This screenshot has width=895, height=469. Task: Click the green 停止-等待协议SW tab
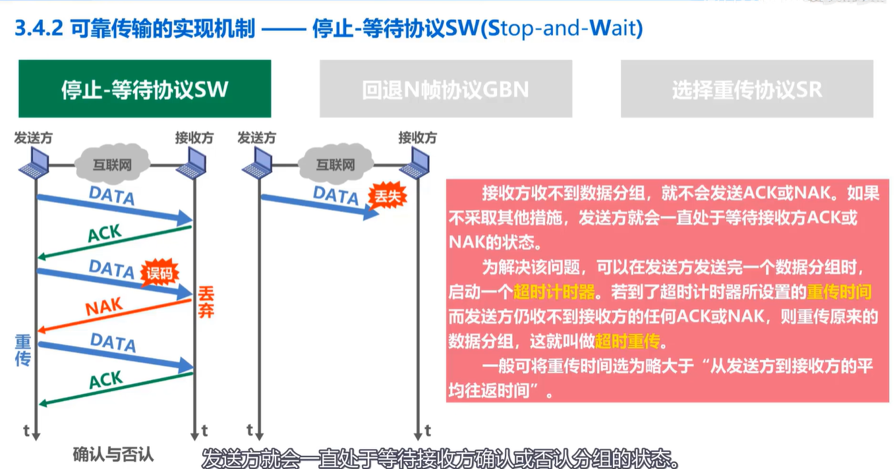144,89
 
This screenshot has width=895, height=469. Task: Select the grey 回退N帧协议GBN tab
446,89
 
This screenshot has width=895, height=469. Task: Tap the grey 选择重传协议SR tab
747,89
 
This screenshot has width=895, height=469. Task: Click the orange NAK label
104,307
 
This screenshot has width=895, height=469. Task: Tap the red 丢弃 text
205,302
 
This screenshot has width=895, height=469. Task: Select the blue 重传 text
24,350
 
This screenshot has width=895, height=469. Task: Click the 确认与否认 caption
113,454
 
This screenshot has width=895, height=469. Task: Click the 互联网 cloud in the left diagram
111,165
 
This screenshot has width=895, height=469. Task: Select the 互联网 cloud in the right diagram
335,165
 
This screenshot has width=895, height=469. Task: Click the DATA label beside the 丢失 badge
335,195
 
